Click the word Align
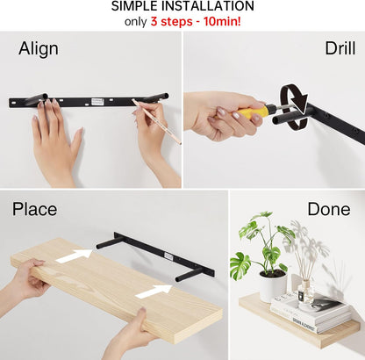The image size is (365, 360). coord(39,48)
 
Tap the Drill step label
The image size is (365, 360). coord(340,48)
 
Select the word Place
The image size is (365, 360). coord(34,209)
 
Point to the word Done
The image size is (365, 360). coord(329,209)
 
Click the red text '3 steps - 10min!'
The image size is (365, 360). coord(196,21)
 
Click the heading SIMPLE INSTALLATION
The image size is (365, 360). coord(182,6)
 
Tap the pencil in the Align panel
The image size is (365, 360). coord(156,121)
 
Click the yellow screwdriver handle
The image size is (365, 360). coord(248,112)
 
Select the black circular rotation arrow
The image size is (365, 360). coord(294,105)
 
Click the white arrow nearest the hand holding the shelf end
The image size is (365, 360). coord(74,256)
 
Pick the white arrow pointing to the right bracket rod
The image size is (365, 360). coord(154,292)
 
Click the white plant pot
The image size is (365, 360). coord(273,286)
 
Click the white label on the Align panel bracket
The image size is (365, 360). coord(97,102)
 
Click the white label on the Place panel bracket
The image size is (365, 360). coord(168,256)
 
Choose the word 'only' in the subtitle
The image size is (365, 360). coord(135,22)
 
